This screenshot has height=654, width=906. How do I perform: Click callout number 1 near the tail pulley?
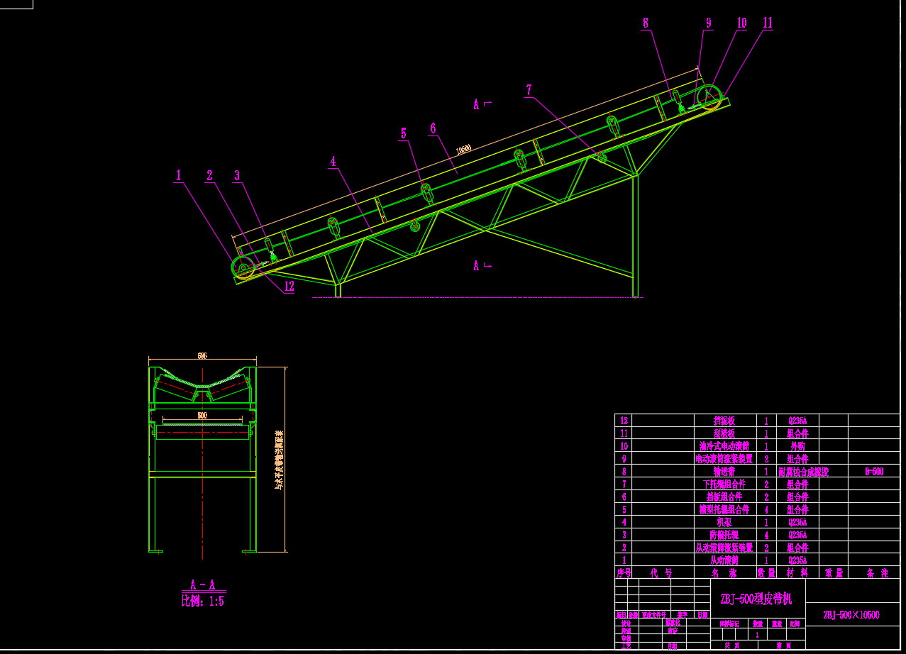[x=179, y=174]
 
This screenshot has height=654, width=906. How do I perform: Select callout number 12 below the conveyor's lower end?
[x=289, y=287]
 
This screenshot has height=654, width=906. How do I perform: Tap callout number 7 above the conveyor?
[x=529, y=90]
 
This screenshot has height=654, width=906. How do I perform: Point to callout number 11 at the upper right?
[x=768, y=23]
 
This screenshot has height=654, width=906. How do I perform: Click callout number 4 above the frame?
[x=333, y=161]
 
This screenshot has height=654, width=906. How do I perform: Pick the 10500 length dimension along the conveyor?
[x=463, y=149]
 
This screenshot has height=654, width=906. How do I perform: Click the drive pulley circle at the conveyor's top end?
[x=709, y=97]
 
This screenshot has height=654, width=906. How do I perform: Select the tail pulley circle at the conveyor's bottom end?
[x=243, y=269]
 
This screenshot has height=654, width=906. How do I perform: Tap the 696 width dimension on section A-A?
[x=202, y=356]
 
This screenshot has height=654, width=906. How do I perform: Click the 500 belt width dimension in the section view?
[x=202, y=415]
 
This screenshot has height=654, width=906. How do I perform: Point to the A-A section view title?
[x=203, y=586]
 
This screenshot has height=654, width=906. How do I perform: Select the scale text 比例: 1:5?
[x=203, y=602]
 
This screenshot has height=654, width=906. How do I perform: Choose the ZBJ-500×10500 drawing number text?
[x=851, y=615]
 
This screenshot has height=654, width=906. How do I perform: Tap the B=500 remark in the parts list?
[x=873, y=472]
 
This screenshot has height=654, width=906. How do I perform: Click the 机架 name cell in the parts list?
[x=724, y=522]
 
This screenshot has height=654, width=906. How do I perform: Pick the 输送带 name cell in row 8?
[x=724, y=472]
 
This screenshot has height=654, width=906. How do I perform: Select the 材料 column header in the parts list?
[x=797, y=573]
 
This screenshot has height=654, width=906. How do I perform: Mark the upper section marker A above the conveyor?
[x=477, y=105]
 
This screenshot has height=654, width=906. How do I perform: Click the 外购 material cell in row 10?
[x=797, y=446]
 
